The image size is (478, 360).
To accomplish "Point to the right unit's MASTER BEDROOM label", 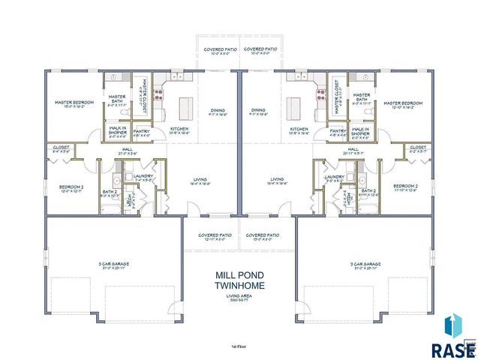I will (403, 103).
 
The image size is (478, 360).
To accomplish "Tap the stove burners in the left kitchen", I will (158, 95).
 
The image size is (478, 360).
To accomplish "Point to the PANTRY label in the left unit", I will (141, 131).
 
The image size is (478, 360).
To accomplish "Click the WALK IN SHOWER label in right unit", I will (361, 131).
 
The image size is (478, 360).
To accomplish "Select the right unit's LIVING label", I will (278, 179).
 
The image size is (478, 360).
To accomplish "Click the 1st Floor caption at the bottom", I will (239, 345).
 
